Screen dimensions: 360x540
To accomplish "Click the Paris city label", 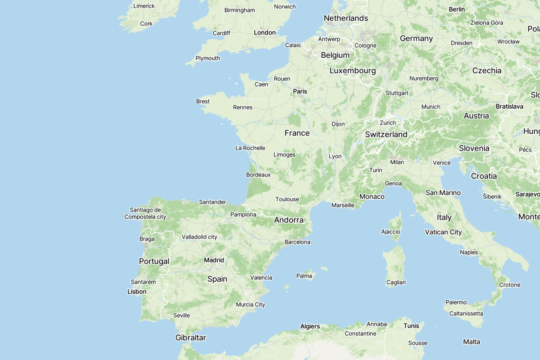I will [x=300, y=91].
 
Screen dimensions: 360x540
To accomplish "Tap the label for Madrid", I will [x=214, y=260].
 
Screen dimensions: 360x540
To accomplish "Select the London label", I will [x=265, y=33].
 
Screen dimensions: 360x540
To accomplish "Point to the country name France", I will [x=297, y=133].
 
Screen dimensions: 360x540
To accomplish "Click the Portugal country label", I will [x=154, y=261].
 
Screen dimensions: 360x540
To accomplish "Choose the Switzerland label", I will [x=386, y=134].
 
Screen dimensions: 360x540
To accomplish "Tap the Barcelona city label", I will [x=297, y=242].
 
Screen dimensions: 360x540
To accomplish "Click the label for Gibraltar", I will [x=191, y=337].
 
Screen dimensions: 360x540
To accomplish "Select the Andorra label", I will [x=289, y=220].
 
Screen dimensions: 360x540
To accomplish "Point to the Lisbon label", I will [x=137, y=292].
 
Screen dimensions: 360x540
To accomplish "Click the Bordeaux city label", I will [x=258, y=175].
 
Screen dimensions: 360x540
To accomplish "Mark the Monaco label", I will [x=372, y=196].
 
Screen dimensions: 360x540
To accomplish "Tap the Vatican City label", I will [x=443, y=232].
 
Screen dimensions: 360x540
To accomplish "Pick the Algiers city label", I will [x=310, y=326].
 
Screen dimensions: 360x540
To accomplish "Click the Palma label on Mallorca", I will [x=304, y=276].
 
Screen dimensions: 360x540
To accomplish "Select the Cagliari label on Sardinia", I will [x=396, y=282].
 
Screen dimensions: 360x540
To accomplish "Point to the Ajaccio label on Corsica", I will [x=390, y=232].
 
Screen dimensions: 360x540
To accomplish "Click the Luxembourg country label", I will [x=353, y=71].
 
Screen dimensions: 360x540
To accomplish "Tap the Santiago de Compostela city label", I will [x=145, y=213].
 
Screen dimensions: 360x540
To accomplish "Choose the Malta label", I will [x=471, y=342].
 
